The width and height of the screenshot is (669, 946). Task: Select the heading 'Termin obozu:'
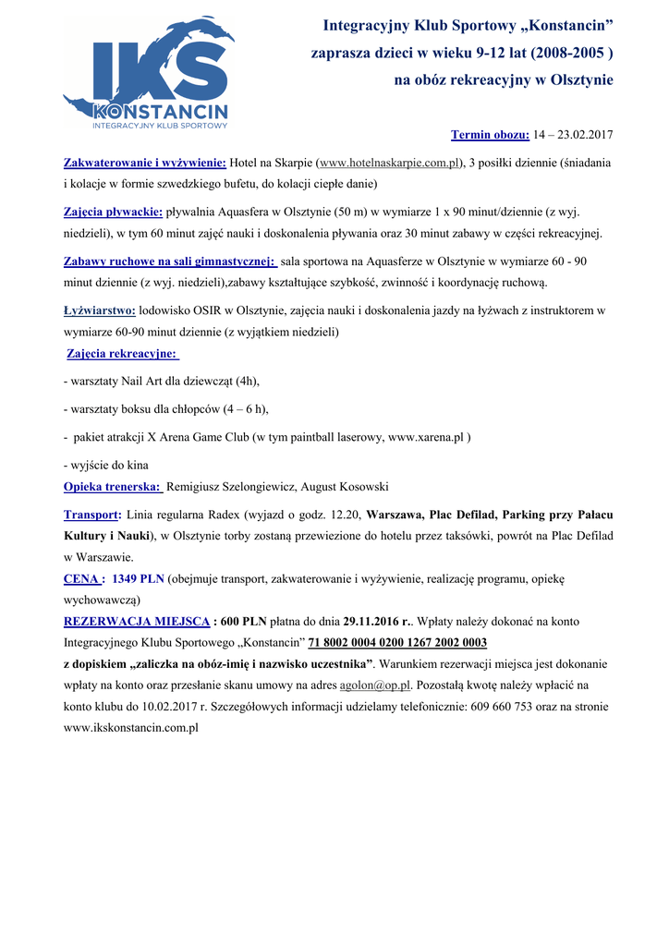tap(490, 136)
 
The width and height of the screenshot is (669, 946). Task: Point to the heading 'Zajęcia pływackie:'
tap(113, 212)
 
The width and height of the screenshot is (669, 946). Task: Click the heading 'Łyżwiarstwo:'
tap(99, 311)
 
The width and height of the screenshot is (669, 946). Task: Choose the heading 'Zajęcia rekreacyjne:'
tap(123, 354)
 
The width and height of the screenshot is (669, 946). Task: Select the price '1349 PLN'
tap(138, 579)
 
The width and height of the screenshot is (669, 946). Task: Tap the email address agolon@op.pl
tap(374, 685)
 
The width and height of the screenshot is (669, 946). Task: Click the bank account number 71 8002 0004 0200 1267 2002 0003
tap(397, 642)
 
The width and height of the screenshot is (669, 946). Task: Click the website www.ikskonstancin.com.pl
tap(131, 728)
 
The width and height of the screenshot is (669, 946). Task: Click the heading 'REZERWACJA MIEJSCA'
tap(137, 622)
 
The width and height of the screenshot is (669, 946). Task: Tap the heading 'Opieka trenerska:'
tap(113, 487)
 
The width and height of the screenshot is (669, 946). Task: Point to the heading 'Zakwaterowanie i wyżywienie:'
tap(144, 163)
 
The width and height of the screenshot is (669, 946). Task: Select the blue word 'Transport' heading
tap(91, 515)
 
